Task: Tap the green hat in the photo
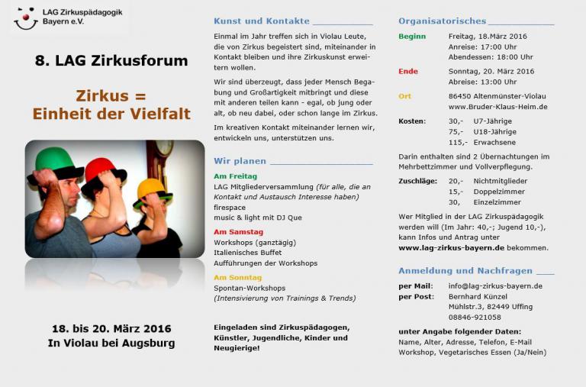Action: (57, 162)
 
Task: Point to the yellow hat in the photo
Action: (151, 188)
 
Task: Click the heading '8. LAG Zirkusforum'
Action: (111, 60)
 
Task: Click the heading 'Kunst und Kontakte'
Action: (262, 21)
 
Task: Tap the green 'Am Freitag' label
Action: (236, 176)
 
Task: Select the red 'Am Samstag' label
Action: (238, 231)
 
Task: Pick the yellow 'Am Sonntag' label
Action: (237, 277)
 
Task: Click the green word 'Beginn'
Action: (412, 36)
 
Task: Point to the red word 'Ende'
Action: (408, 71)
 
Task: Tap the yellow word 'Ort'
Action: (404, 96)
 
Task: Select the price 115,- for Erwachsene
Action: (458, 142)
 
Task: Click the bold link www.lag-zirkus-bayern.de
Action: (451, 247)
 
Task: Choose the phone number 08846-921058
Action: (475, 317)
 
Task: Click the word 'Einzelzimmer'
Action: (497, 202)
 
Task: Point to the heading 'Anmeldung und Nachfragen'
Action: (466, 270)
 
